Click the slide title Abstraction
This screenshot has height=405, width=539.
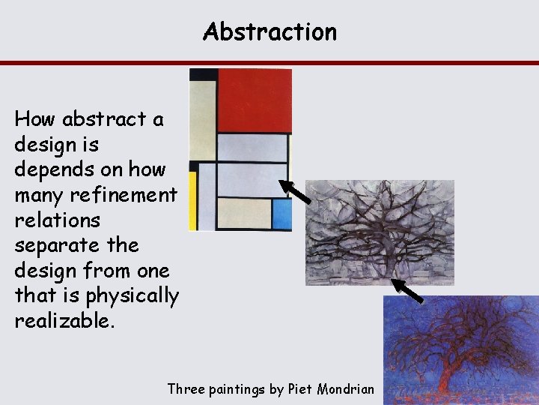[x=269, y=31]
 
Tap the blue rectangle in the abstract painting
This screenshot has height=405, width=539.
[x=281, y=214]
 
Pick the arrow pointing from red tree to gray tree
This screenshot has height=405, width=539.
[x=408, y=291]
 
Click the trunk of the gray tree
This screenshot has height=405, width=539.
[x=384, y=267]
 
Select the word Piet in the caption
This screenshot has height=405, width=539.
[x=301, y=388]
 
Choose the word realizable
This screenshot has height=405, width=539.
[x=64, y=322]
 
